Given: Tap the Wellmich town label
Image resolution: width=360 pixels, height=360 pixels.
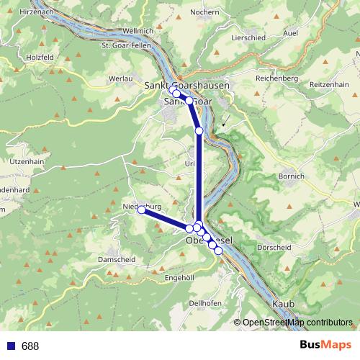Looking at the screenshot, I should coord(139,31).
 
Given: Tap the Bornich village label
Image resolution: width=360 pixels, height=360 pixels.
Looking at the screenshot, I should coord(292,176).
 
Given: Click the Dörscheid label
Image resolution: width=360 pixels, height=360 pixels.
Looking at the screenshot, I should coord(274,247).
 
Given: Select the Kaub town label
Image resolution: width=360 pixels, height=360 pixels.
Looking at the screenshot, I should coord(284,305).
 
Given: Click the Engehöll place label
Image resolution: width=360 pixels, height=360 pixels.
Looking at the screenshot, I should coord(180,277).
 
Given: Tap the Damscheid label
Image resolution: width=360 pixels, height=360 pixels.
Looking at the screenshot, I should coord(117,258).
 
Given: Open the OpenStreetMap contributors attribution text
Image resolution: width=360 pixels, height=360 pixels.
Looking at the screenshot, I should coord(297,323).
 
